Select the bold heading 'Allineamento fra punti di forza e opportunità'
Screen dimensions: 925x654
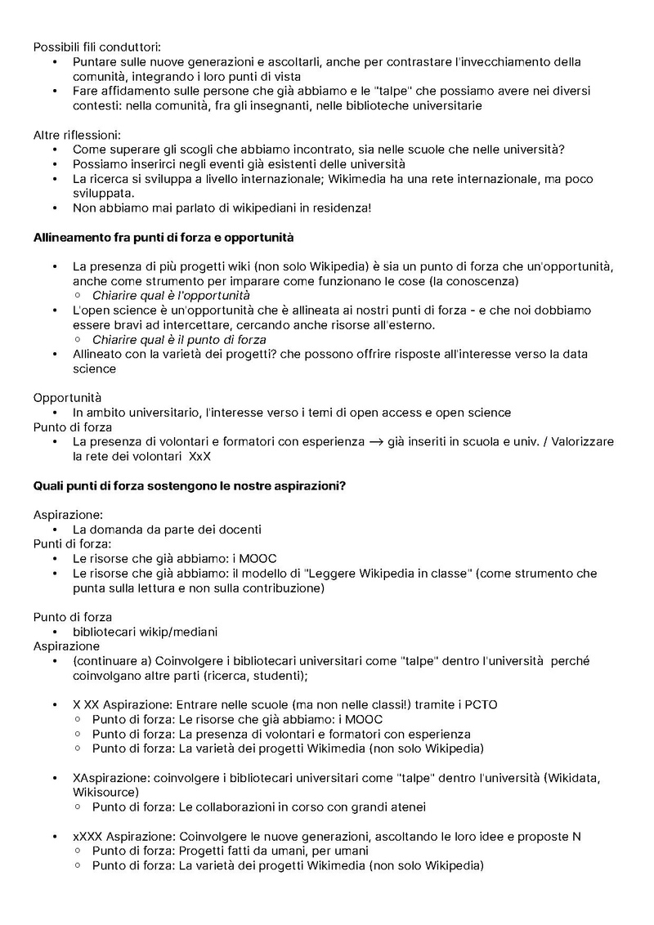tap(163, 238)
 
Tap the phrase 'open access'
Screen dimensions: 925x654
tap(391, 412)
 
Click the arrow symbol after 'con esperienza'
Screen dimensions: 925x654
tap(376, 442)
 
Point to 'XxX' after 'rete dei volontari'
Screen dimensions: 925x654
tap(199, 456)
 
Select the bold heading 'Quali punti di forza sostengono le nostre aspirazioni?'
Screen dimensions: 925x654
tap(189, 485)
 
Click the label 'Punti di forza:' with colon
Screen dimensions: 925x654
tap(72, 543)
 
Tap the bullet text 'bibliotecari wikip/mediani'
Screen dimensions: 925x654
tap(146, 632)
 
